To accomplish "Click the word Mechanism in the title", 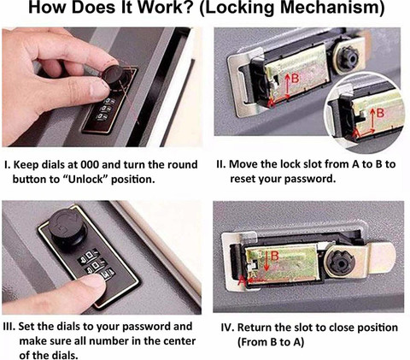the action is (x=332, y=8).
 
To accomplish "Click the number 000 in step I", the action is (x=90, y=165).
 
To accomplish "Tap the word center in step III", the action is (x=180, y=341).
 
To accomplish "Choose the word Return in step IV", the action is (x=254, y=328).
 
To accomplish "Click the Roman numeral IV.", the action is (x=227, y=328).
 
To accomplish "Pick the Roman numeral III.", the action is (x=9, y=327).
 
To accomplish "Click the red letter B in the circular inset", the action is (x=380, y=113).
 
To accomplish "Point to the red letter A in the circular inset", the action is (x=356, y=133).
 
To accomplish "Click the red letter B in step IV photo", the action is (x=275, y=257).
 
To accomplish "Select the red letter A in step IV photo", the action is (x=242, y=280).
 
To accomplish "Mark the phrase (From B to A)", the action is (x=271, y=342).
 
